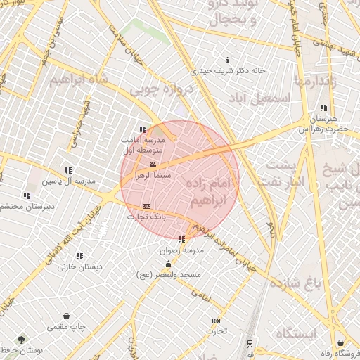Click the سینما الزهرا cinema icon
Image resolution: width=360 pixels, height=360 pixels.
[x=153, y=165]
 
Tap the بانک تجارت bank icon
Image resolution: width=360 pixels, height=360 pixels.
[x=146, y=206]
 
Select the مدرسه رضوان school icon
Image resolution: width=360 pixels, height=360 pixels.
[x=182, y=239]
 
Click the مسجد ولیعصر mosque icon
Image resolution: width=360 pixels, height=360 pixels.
[x=167, y=264]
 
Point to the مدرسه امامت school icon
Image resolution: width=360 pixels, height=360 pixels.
[x=143, y=129]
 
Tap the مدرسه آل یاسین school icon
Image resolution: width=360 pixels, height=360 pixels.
[x=68, y=170]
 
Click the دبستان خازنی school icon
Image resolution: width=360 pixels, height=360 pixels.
[x=79, y=256]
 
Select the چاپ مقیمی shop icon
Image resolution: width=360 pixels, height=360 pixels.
[x=66, y=316]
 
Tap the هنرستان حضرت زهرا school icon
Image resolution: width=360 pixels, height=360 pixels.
[x=323, y=108]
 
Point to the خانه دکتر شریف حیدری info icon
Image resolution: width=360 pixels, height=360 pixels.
[x=227, y=61]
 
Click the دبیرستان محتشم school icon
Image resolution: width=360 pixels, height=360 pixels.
[x=27, y=195]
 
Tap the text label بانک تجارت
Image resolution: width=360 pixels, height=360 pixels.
[x=146, y=217]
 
